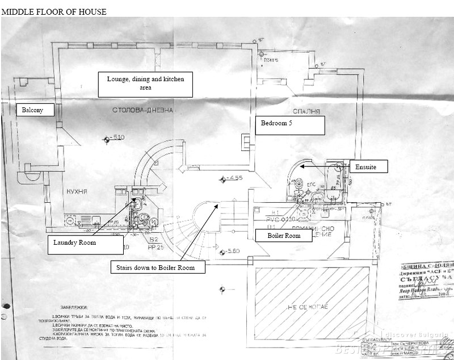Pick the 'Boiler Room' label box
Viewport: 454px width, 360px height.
click(x=284, y=235)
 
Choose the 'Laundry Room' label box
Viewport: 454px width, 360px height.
click(x=86, y=244)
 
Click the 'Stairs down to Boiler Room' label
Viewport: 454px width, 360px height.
click(x=153, y=267)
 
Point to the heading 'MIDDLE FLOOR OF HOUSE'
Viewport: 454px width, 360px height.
click(x=54, y=12)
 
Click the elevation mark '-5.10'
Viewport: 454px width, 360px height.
click(x=116, y=138)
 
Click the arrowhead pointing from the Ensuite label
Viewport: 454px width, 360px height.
click(x=302, y=166)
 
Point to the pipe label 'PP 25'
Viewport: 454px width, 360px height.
click(x=156, y=248)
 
